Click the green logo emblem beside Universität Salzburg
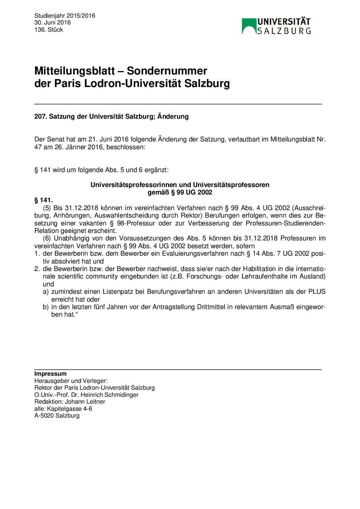point(249,26)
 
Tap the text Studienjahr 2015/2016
point(65,16)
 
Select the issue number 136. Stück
point(49,30)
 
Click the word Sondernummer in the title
point(167,71)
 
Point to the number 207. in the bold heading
point(40,117)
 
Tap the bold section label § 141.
point(44,200)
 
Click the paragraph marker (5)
point(47,208)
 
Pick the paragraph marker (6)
point(47,238)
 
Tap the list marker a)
point(46,292)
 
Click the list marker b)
point(46,307)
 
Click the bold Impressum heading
point(50,374)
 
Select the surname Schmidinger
point(121,395)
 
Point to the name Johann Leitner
point(85,402)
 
